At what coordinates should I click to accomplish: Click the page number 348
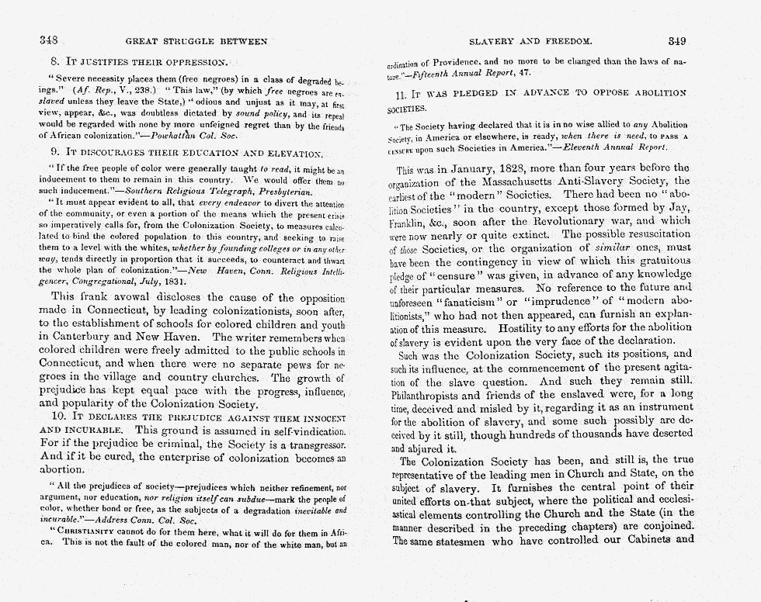point(50,40)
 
